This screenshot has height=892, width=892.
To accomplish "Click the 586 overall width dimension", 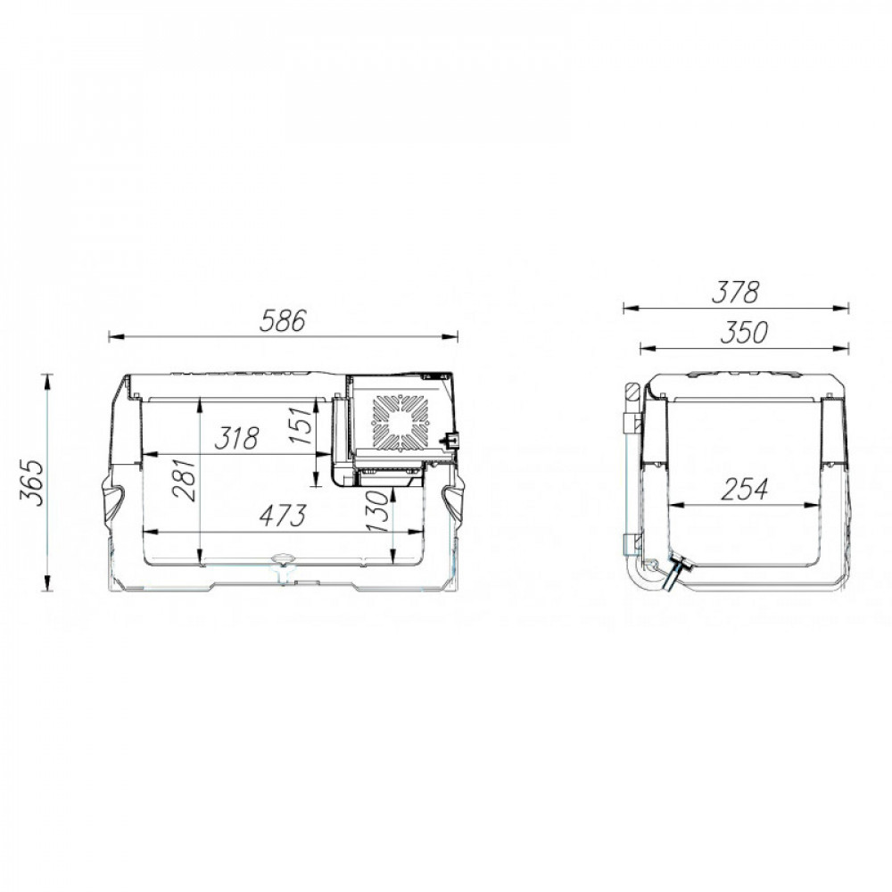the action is click(283, 320).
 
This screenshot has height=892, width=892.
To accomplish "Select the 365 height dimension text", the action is click(32, 483).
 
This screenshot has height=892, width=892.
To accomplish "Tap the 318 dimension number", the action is click(236, 437).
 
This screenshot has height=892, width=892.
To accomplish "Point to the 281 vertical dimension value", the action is click(186, 480).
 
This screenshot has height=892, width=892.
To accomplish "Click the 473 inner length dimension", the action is click(283, 516).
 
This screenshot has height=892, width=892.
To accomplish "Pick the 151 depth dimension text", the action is click(301, 425).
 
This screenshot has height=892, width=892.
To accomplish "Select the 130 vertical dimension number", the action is click(377, 511).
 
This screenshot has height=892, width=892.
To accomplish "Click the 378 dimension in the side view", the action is click(735, 293).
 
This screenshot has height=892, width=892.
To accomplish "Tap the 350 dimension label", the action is click(744, 333).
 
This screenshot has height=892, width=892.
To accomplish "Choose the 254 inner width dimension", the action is click(744, 489).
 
